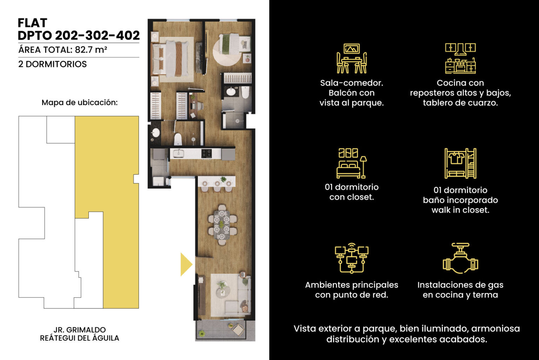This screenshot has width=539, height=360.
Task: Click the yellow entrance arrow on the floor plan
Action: coord(186,264)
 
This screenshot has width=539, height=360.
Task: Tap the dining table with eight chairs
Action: coord(222,225)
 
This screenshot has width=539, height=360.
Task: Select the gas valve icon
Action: coord(460,258)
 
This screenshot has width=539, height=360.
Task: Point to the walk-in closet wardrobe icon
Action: coord(460,164)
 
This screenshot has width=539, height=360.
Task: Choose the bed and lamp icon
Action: coord(352,163)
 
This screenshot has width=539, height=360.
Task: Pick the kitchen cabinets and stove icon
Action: coord(460,59)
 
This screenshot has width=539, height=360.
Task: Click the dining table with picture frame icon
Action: coord(352,59)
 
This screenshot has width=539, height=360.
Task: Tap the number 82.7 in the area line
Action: coord(84,50)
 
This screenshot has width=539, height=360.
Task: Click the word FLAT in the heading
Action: coord(33,23)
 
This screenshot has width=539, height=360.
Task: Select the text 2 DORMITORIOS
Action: coord(52,64)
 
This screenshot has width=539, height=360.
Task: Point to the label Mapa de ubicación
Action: coord(80,103)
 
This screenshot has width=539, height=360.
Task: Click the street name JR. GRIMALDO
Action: coord(80,330)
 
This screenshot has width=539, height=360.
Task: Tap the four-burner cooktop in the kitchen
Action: coord(206,153)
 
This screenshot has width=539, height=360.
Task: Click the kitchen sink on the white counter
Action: coord(179,153)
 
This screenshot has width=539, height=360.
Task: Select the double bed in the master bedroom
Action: coord(171,58)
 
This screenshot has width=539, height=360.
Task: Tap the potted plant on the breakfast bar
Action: coord(224,179)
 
